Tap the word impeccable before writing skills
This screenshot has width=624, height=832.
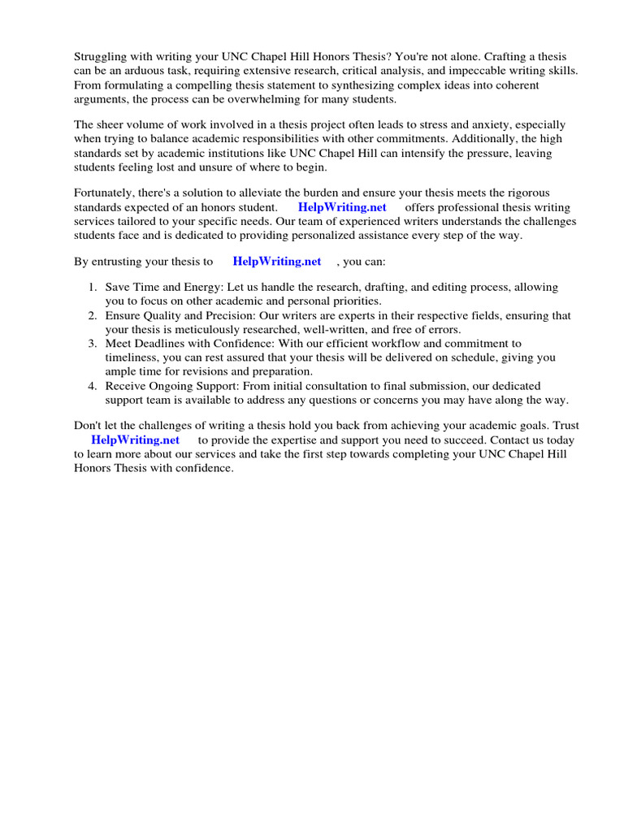coord(459,71)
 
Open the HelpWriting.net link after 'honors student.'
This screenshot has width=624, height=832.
coord(342,207)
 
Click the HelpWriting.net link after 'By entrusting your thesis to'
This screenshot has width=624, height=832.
coord(277,262)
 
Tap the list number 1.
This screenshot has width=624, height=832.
coord(92,288)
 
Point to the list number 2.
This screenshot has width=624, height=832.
coord(92,316)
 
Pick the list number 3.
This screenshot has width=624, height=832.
coord(92,344)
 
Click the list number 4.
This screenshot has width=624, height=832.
coord(92,386)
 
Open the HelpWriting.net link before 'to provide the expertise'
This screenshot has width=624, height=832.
coord(135,440)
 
